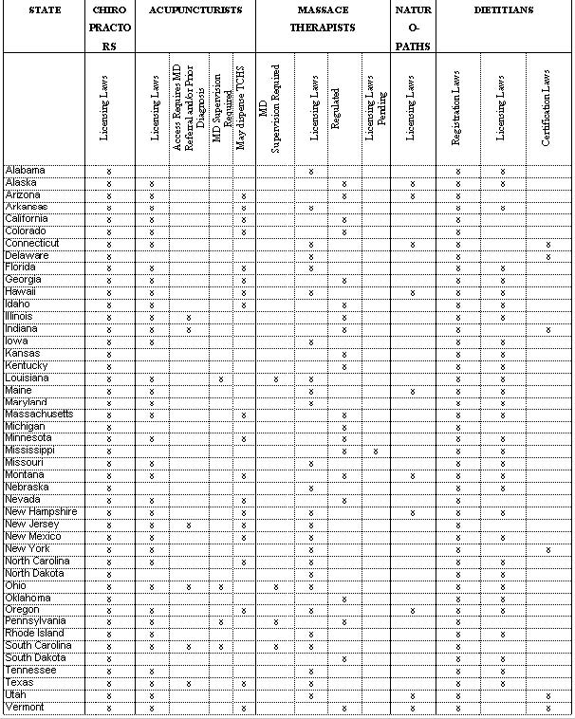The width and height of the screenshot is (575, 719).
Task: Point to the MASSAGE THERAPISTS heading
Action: pos(329,19)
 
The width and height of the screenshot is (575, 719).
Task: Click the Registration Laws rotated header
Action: pos(457,111)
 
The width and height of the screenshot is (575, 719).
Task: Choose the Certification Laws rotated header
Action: pos(547,112)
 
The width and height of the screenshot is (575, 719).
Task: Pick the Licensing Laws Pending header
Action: pos(378,111)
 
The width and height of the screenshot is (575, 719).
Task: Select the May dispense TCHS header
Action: pos(245,111)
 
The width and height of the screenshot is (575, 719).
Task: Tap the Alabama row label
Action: pos(26,171)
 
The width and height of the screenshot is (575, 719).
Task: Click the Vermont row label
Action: pos(25,708)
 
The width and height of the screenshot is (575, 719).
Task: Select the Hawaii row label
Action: pos(23,292)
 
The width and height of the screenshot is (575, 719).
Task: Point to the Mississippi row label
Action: pos(30,451)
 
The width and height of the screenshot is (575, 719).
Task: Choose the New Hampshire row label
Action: pos(41,512)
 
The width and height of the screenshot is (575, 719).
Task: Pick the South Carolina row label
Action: pos(38,646)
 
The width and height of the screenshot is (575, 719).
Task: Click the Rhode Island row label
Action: pos(34,634)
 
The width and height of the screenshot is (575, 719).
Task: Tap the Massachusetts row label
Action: pos(39,415)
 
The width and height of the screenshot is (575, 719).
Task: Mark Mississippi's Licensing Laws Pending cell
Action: pos(376,451)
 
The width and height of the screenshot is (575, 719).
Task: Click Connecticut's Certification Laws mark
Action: pos(548,244)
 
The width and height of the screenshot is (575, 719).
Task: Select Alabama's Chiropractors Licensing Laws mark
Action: pos(109,171)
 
